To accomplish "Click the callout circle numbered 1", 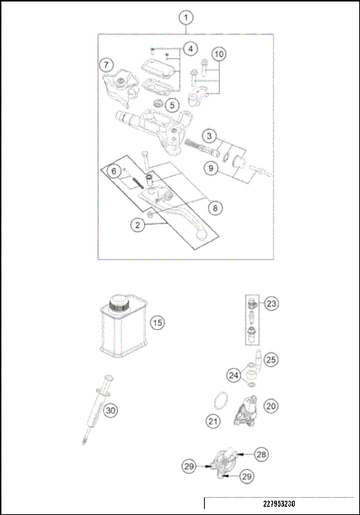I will (186, 16).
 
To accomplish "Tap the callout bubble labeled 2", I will (137, 224).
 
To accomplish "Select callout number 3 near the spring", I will (210, 136).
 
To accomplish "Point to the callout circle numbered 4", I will (190, 49).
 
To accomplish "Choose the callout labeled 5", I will (172, 106).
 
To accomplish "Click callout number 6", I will (115, 172).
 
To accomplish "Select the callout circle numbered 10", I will (218, 55).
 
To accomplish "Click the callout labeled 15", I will (157, 324).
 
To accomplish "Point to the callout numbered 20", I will (271, 406).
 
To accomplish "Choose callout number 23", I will (271, 304).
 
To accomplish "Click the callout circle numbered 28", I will (262, 454).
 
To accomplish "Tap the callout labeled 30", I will (110, 411).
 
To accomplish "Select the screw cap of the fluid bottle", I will (119, 303).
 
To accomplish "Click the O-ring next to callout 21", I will (218, 402).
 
